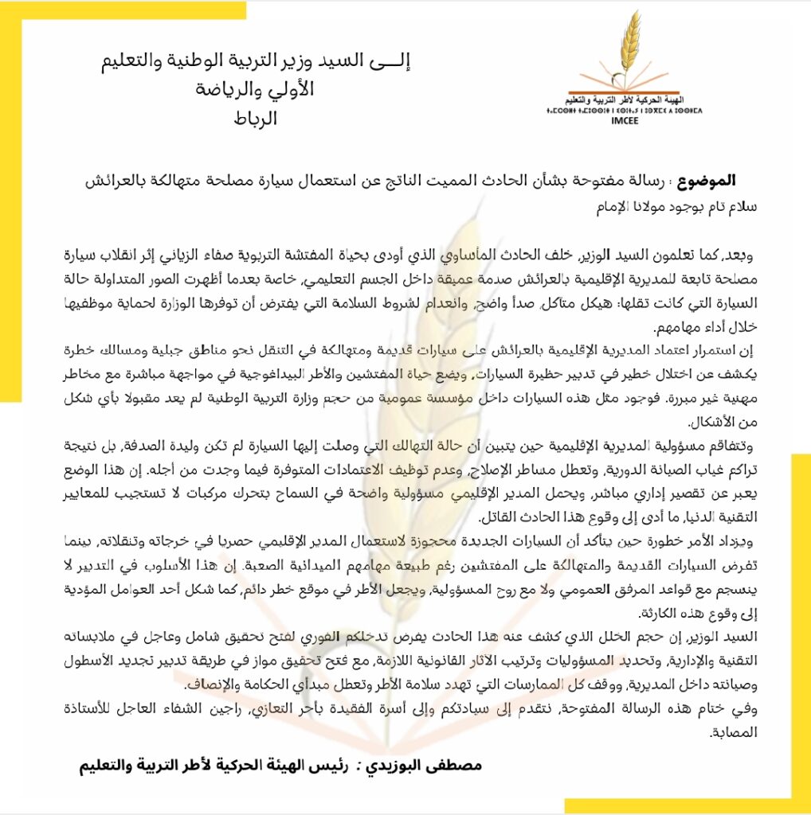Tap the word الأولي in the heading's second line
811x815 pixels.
coord(290,90)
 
